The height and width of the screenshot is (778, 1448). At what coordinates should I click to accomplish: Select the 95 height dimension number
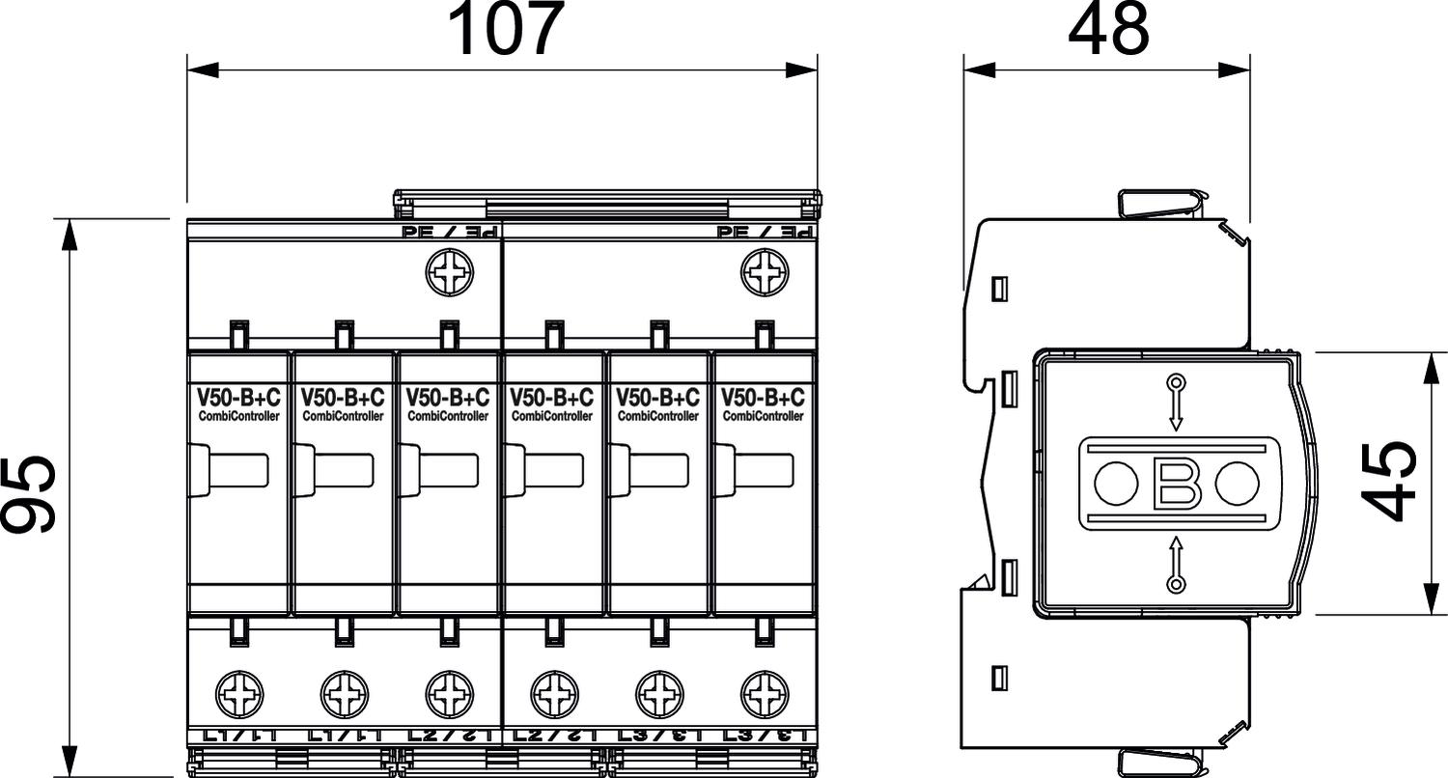pos(29,493)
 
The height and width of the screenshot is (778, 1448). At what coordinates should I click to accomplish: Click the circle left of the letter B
pos(1116,483)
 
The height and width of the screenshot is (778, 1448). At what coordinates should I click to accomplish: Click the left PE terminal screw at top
pos(447,273)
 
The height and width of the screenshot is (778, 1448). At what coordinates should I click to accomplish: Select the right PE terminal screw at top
pos(763,273)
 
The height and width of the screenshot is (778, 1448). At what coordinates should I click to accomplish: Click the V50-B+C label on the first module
pos(238,397)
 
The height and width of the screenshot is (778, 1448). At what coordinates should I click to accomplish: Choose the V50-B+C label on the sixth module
pos(763,397)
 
